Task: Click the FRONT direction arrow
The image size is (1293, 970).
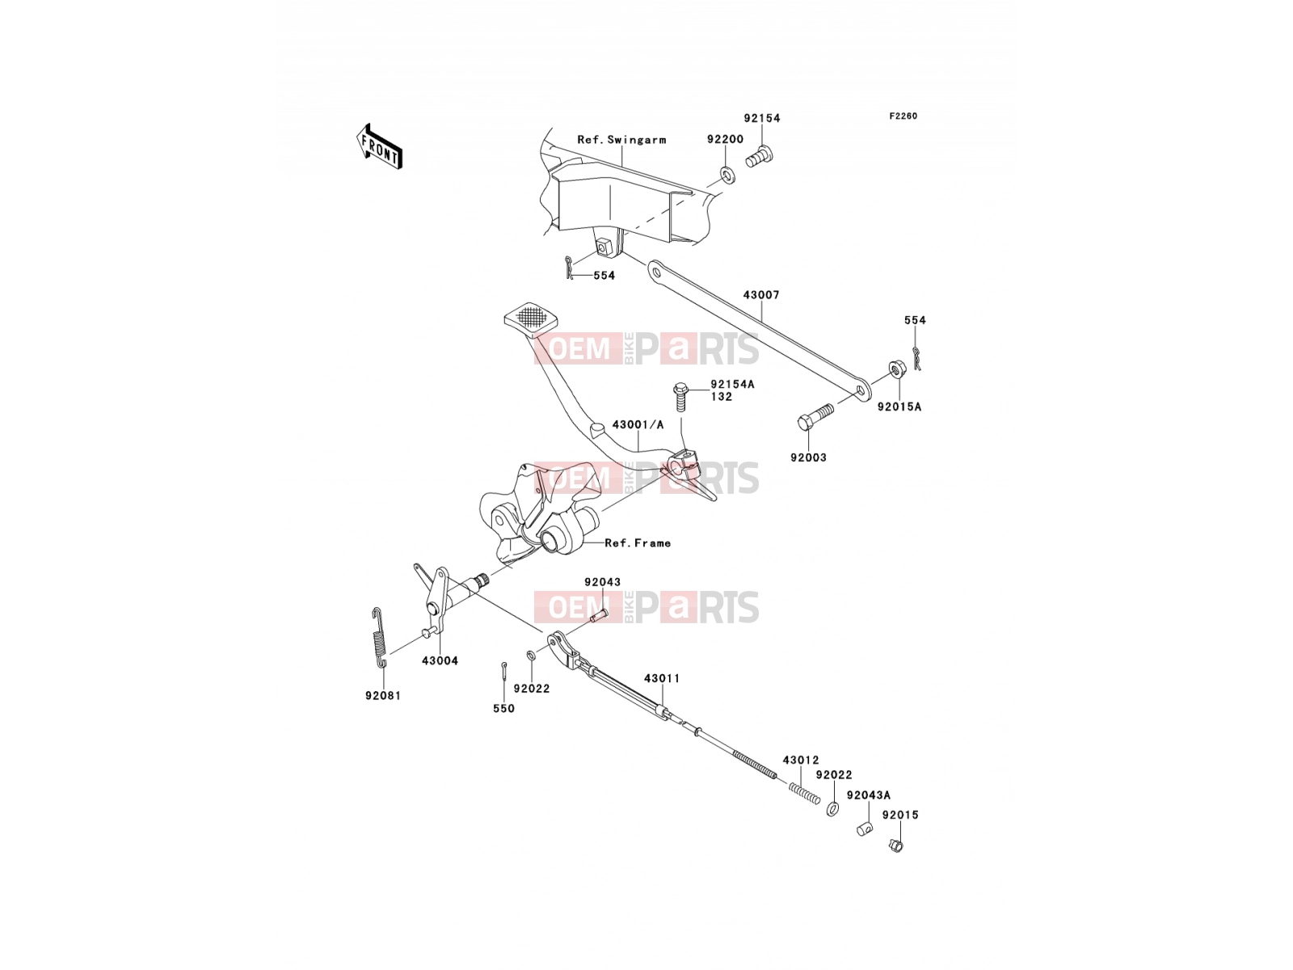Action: (379, 146)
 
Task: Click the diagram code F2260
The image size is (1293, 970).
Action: (903, 116)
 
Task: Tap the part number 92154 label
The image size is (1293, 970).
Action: (762, 118)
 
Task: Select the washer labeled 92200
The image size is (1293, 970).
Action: (726, 175)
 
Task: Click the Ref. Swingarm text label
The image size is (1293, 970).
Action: (621, 140)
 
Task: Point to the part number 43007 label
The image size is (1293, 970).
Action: (761, 294)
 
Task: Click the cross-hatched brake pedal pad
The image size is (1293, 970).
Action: (531, 317)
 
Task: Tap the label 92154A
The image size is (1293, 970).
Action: (732, 385)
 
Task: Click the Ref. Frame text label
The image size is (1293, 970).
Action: (638, 543)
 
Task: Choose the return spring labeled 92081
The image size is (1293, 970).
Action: (381, 637)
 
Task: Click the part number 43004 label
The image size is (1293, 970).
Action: (440, 660)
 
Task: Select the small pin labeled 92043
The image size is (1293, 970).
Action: (599, 615)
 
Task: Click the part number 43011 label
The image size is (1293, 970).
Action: (662, 678)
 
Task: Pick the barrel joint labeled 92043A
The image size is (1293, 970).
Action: (864, 829)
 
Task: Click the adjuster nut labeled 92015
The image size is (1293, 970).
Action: (896, 846)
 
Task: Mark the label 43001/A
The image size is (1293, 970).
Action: (638, 424)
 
